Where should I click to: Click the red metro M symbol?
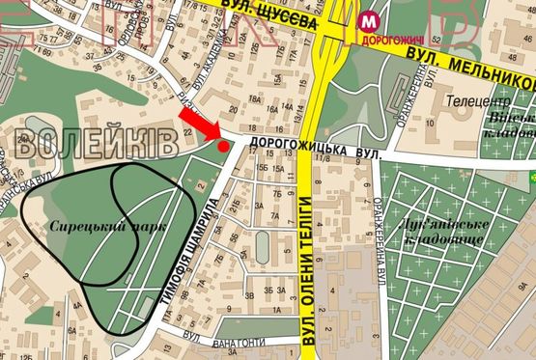pos(367,23)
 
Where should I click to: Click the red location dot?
pos(224,147)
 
